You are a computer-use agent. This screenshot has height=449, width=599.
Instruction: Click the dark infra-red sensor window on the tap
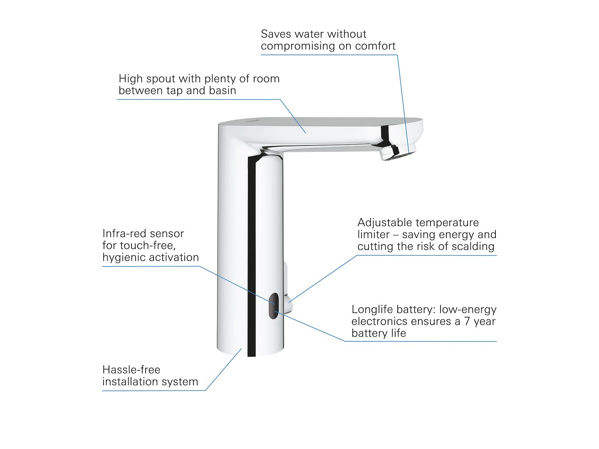click(x=273, y=306)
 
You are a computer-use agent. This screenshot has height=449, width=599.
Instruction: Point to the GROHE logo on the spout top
click(x=252, y=121)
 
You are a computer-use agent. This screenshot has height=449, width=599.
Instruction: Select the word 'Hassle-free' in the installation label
click(x=131, y=370)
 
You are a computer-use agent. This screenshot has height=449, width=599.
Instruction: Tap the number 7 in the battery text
click(x=467, y=321)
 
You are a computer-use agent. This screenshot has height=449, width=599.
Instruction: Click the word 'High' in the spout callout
click(x=130, y=79)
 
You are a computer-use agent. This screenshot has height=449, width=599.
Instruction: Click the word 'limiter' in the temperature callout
click(x=373, y=234)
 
